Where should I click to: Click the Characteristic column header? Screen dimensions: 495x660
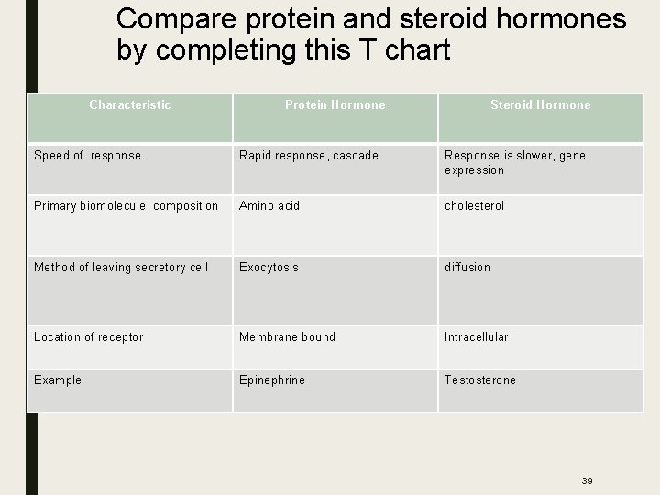click(129, 105)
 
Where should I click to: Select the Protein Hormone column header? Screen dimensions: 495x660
click(335, 105)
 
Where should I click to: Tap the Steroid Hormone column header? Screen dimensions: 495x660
click(540, 105)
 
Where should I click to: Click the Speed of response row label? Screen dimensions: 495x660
click(87, 156)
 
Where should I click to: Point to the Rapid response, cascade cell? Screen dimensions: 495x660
click(308, 156)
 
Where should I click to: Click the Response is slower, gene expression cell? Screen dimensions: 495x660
click(514, 162)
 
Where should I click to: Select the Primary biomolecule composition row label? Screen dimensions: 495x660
click(126, 206)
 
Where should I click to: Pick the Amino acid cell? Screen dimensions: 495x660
click(269, 206)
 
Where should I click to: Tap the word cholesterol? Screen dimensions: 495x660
click(474, 206)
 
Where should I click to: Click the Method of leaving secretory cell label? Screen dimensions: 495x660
click(121, 268)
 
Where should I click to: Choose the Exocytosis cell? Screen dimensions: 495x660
click(269, 268)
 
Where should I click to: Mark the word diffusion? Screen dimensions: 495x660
click(467, 268)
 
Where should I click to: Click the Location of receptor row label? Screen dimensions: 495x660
click(88, 337)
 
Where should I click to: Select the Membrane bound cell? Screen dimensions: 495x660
click(287, 337)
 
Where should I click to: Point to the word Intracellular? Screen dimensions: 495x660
click(476, 337)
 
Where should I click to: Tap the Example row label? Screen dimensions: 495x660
click(58, 380)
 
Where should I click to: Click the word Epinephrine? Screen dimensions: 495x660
click(272, 380)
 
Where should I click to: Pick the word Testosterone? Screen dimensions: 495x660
click(480, 380)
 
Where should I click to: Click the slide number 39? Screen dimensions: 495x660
click(587, 480)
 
